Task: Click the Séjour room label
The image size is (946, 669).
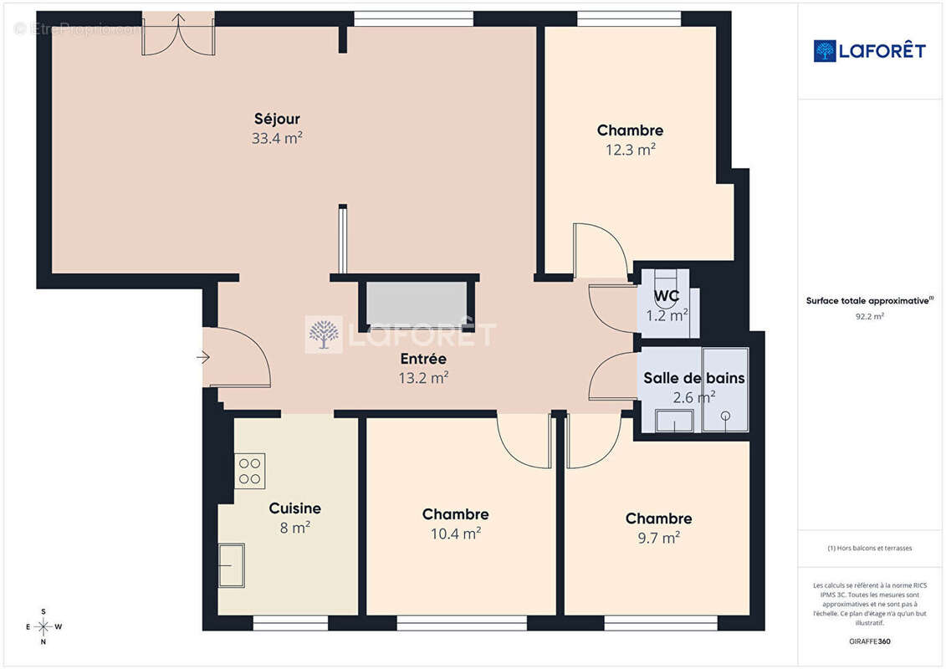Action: coord(277,119)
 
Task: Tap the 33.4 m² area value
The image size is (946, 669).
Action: coord(277,138)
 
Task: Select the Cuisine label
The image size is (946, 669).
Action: coord(295,508)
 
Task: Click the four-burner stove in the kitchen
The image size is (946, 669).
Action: coord(250,471)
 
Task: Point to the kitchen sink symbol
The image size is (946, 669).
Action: coord(232,565)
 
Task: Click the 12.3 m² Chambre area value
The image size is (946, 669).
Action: coord(631,150)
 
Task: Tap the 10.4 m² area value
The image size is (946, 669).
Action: coord(456,534)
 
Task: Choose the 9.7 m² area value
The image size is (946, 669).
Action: coord(659,538)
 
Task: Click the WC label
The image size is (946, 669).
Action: coord(667,296)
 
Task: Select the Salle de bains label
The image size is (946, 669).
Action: coord(694,378)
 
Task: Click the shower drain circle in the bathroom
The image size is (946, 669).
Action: coord(726,416)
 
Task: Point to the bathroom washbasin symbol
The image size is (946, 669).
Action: coord(674,421)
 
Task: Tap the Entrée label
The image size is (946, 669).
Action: coord(423,359)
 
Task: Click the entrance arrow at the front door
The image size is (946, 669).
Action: coord(202,358)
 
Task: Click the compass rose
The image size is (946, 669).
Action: coord(43,627)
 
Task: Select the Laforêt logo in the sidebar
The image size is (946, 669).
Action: coord(869,51)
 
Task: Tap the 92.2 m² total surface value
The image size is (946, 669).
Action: coord(869,316)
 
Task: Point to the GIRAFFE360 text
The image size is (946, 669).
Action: coord(869,641)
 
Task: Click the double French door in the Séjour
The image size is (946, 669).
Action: coord(179,35)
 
